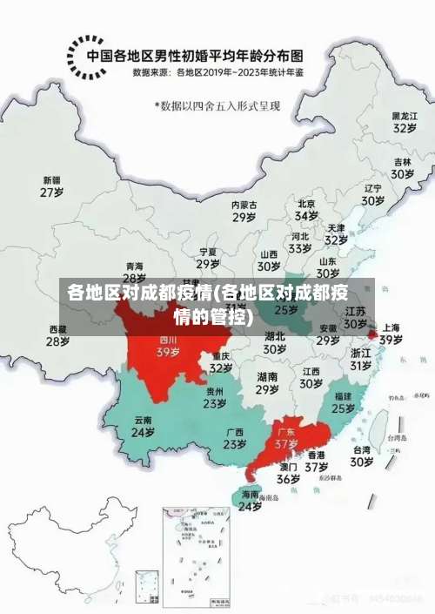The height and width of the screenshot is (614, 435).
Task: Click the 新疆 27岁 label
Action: tap(52, 186)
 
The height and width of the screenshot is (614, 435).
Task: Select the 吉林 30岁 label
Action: tap(401, 167)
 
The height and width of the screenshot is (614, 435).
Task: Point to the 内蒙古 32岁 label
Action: tap(244, 211)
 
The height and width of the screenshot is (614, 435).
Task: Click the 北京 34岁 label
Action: tap(306, 209)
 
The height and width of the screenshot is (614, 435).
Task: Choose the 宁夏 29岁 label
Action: tap(207, 258)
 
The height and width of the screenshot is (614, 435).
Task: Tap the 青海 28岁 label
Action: tap(134, 272)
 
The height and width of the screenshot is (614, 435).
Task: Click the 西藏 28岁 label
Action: tap(57, 335)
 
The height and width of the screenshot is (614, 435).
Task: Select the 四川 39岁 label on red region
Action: tap(168, 347)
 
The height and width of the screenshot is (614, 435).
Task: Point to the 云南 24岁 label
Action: tap(143, 426)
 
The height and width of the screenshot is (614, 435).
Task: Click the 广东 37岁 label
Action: tap(286, 437)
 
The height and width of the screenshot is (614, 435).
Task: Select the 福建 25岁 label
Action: tap(343, 401)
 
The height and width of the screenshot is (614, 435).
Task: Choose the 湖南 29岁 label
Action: tap(267, 383)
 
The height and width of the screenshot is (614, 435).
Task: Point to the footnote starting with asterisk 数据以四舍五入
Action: tap(217, 105)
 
